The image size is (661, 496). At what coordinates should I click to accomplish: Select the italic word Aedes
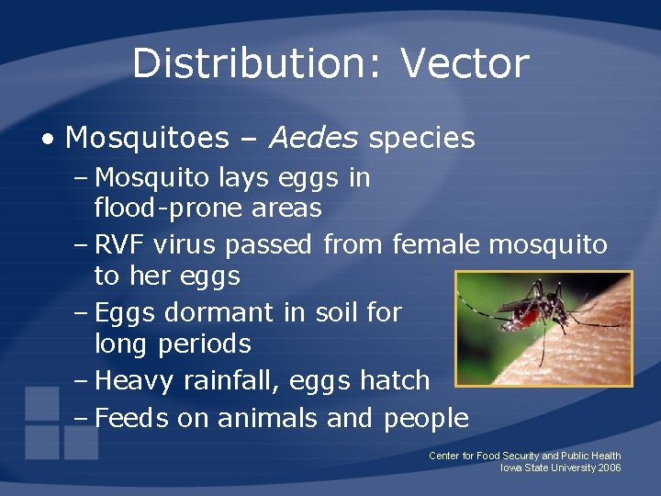tap(314, 139)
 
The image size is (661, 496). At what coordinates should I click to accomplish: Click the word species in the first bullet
tap(421, 139)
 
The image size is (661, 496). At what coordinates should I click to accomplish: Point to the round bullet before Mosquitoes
tap(47, 140)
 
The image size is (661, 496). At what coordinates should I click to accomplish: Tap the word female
tap(437, 244)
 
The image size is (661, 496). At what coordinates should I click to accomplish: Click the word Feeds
tap(131, 419)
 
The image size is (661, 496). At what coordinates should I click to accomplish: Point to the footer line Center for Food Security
tap(524, 456)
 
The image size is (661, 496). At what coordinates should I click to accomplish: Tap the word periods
tap(204, 344)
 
